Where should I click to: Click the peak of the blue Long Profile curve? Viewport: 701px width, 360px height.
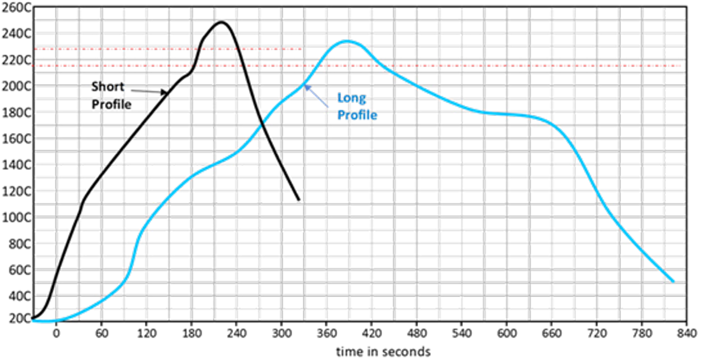point(347,41)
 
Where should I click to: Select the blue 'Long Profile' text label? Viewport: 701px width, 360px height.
point(357,106)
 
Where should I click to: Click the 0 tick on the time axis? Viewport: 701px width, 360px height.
point(56,332)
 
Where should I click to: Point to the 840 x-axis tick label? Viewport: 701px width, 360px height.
point(686,332)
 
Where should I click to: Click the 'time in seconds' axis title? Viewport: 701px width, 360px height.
point(384,350)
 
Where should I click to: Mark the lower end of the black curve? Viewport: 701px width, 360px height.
point(299,200)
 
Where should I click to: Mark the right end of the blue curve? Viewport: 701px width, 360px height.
point(673,281)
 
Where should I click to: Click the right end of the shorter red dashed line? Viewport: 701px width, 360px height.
point(301,49)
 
